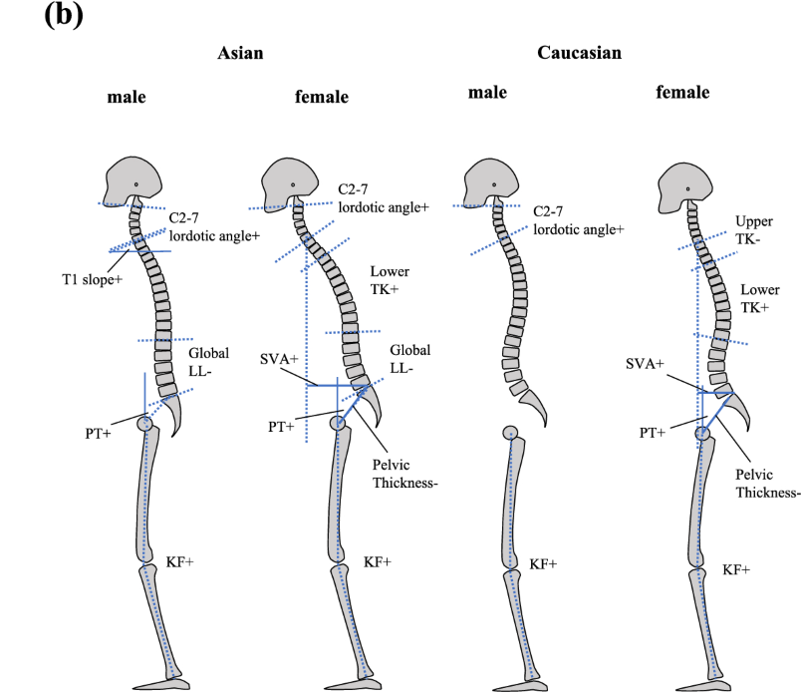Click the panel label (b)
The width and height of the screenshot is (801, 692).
[64, 15]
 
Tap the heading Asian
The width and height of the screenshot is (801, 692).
[240, 53]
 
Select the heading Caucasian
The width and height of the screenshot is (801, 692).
[579, 53]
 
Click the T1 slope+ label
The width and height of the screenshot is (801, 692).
[93, 280]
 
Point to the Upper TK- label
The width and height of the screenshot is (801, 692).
[754, 230]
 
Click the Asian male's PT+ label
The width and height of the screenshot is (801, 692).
[98, 434]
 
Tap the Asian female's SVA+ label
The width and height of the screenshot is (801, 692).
[279, 359]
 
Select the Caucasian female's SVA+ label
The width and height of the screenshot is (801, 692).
[645, 364]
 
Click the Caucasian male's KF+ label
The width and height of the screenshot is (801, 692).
[543, 564]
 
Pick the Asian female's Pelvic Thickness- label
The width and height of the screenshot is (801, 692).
[405, 474]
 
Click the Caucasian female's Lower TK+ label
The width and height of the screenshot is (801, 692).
[760, 299]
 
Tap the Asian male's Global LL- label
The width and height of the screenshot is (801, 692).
[208, 362]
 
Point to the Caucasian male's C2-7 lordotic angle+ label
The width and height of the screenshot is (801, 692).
[578, 220]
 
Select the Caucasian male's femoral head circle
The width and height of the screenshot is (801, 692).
[510, 433]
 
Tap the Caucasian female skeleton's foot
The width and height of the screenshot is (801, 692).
[708, 685]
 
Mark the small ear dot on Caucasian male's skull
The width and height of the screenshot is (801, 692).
[494, 184]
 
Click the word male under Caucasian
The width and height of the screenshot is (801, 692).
[487, 93]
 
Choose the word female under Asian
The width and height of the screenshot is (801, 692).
[322, 97]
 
